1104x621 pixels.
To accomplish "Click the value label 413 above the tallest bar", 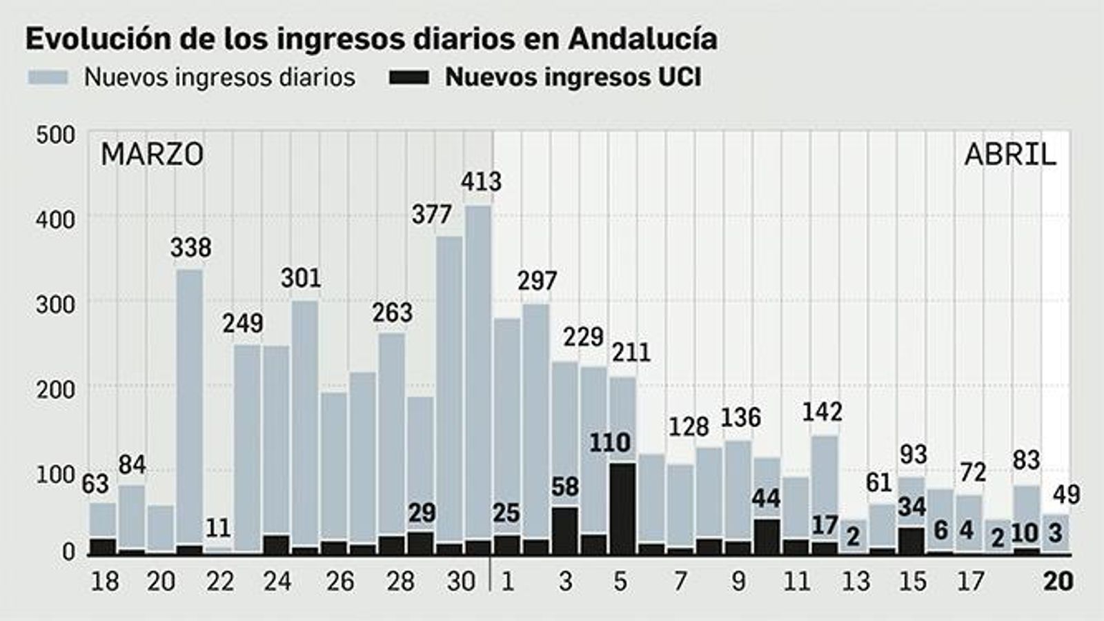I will pyautogui.click(x=481, y=182).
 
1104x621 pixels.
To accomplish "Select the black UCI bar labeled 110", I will pyautogui.click(x=622, y=508).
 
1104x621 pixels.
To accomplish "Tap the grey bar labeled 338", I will pyautogui.click(x=190, y=407).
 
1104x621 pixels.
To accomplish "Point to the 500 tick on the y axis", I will pyautogui.click(x=55, y=135).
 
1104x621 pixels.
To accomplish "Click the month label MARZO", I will pyautogui.click(x=152, y=155).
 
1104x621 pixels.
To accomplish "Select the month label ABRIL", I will pyautogui.click(x=1009, y=155).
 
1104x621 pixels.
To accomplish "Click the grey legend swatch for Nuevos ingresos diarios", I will pyautogui.click(x=48, y=77).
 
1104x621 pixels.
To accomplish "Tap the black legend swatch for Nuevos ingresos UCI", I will pyautogui.click(x=408, y=77).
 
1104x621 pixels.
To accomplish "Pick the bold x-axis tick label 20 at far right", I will pyautogui.click(x=1058, y=582).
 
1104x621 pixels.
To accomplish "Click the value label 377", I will pyautogui.click(x=431, y=215).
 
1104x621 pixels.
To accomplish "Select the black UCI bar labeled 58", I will pyautogui.click(x=565, y=530).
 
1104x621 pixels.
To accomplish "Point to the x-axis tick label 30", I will pyautogui.click(x=460, y=582).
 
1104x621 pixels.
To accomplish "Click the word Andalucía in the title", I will pyautogui.click(x=642, y=39).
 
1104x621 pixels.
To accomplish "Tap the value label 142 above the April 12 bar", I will pyautogui.click(x=822, y=413).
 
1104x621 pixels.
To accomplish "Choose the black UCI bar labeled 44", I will pyautogui.click(x=767, y=536).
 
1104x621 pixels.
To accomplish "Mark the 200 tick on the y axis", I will pyautogui.click(x=55, y=390).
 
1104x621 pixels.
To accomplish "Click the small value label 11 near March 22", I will pyautogui.click(x=218, y=529).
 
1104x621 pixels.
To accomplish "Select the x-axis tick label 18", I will pyautogui.click(x=105, y=582).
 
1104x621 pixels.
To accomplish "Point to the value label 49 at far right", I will pyautogui.click(x=1067, y=495).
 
